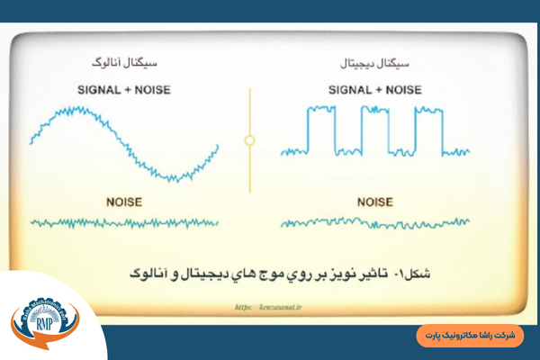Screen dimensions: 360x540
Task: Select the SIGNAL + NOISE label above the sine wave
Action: click(124, 89)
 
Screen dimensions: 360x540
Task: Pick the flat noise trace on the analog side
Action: click(124, 221)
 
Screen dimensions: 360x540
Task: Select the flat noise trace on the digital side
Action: click(374, 222)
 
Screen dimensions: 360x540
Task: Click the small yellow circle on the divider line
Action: click(249, 140)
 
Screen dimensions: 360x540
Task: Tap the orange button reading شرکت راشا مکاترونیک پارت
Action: click(471, 334)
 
